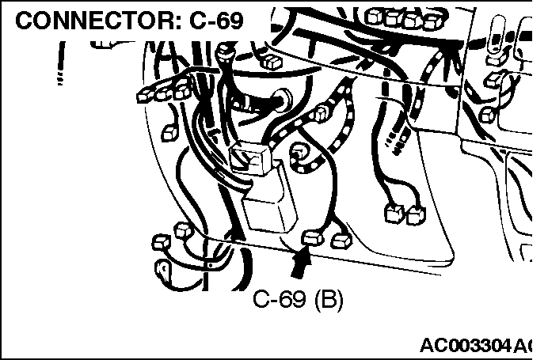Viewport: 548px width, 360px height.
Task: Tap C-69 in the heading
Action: point(216,21)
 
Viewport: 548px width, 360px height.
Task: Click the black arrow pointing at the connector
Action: point(301,262)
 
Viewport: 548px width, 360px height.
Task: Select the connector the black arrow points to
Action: point(313,237)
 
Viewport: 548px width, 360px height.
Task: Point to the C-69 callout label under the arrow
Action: point(298,299)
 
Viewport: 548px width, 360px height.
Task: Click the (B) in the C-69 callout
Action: point(329,300)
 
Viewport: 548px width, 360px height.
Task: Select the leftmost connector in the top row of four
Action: point(374,16)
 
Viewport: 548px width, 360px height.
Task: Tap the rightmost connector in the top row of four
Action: point(432,21)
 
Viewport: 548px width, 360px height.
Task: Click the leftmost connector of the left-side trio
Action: point(144,95)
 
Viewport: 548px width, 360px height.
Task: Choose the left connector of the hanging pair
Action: point(394,213)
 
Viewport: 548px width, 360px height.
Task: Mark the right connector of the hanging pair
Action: point(416,214)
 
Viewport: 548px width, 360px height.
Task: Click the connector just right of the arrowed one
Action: point(341,241)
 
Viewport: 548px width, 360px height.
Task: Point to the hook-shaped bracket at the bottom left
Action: point(163,271)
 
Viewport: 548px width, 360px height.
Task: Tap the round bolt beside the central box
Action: point(299,151)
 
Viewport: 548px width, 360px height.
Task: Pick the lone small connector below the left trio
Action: point(170,134)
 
